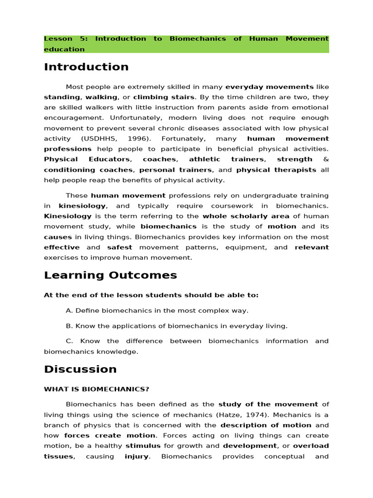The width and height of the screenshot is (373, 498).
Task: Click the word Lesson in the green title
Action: [58, 38]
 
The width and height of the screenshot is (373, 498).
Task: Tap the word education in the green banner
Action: [64, 49]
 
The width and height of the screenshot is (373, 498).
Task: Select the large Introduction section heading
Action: [86, 67]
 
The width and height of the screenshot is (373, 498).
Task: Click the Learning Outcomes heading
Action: [110, 275]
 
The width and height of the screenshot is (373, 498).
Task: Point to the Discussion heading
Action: [80, 369]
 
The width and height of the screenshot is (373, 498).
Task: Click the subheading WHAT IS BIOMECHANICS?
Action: [97, 389]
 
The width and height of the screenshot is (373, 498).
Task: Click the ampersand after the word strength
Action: [326, 159]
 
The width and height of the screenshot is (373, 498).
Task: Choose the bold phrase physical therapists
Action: [276, 170]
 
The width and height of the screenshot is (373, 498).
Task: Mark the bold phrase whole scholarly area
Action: [246, 216]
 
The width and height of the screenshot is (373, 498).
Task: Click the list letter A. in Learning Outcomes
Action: [69, 310]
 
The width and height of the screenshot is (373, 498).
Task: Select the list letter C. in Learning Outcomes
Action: [69, 341]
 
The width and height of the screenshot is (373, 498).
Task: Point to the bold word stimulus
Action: [144, 445]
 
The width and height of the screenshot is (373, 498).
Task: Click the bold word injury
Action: [136, 456]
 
